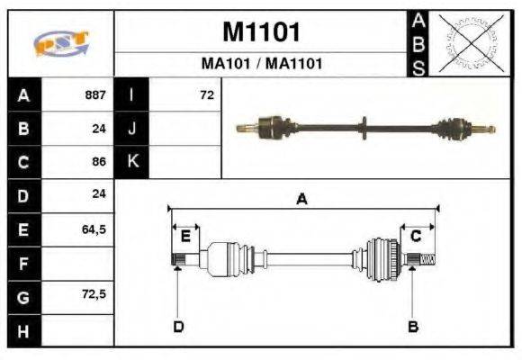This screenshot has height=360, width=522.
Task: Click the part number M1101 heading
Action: [x=260, y=32]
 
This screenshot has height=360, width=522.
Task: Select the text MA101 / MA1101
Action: [x=260, y=64]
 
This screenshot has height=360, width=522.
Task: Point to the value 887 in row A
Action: [x=94, y=94]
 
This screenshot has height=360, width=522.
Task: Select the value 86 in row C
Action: [x=98, y=162]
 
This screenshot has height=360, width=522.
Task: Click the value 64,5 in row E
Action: [x=94, y=229]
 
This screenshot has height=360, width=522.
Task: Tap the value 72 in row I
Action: [x=207, y=94]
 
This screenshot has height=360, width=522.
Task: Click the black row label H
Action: [x=22, y=330]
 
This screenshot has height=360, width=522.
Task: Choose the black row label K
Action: [x=131, y=162]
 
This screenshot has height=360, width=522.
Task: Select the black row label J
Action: [x=131, y=128]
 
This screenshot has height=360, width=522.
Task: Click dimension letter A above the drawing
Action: [x=302, y=201]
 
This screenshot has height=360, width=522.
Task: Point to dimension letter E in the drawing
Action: [x=185, y=237]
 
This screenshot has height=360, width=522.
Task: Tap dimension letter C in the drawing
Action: [x=416, y=237]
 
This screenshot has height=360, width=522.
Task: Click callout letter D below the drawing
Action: [x=178, y=326]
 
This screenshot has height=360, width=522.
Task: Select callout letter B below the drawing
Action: [x=413, y=326]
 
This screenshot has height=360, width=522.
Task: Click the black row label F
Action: [x=22, y=263]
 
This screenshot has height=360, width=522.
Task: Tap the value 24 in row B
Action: [x=98, y=128]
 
